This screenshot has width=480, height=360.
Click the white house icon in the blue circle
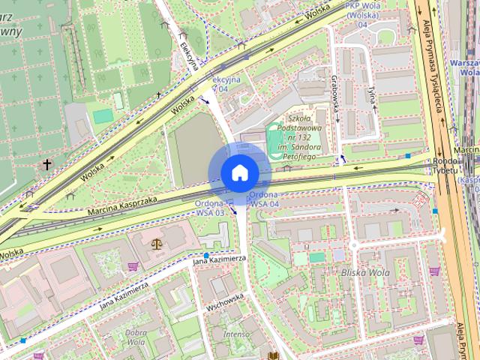pyautogui.click(x=239, y=173)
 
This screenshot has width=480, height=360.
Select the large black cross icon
pyautogui.click(x=47, y=164)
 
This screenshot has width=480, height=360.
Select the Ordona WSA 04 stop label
pyautogui.click(x=265, y=199)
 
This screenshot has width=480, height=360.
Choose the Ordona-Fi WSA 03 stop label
pyautogui.click(x=212, y=208)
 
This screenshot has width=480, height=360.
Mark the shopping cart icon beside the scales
pyautogui.click(x=133, y=266)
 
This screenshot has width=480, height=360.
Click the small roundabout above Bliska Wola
pyautogui.click(x=354, y=245)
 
